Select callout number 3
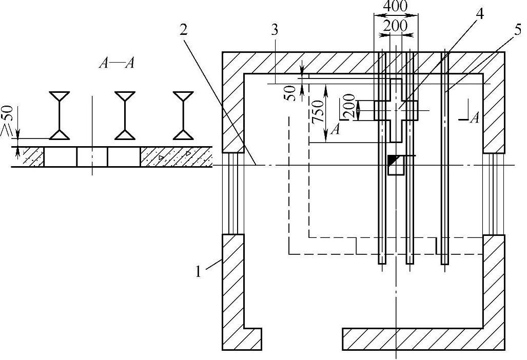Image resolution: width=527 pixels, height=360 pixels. pos(275,30)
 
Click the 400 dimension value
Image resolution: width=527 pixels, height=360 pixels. pos(395,7)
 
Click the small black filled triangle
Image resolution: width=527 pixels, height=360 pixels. pos(393,160)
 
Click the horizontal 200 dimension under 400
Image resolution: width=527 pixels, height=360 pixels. pos(396,25)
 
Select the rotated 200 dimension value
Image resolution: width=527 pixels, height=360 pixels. pos(349,107)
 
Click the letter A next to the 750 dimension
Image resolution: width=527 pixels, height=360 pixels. pos(335,130)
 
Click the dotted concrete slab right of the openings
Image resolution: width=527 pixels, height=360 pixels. pos(175,156)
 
